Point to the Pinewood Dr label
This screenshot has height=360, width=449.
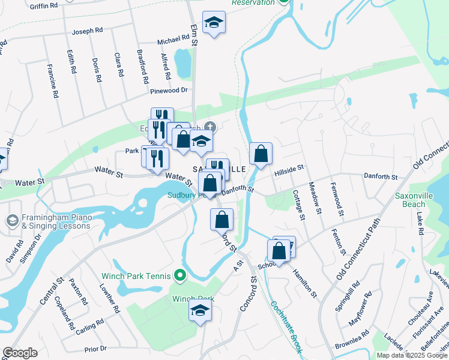tap(169, 91)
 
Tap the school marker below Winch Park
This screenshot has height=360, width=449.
tap(200, 310)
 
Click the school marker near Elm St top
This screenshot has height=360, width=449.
tap(213, 23)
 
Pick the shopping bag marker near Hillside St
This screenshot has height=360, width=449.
tap(261, 154)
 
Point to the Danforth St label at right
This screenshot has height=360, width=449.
tap(381, 176)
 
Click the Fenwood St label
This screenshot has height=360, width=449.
tap(338, 200)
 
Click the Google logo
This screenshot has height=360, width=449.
tap(20, 353)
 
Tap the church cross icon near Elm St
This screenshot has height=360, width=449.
tap(209, 127)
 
